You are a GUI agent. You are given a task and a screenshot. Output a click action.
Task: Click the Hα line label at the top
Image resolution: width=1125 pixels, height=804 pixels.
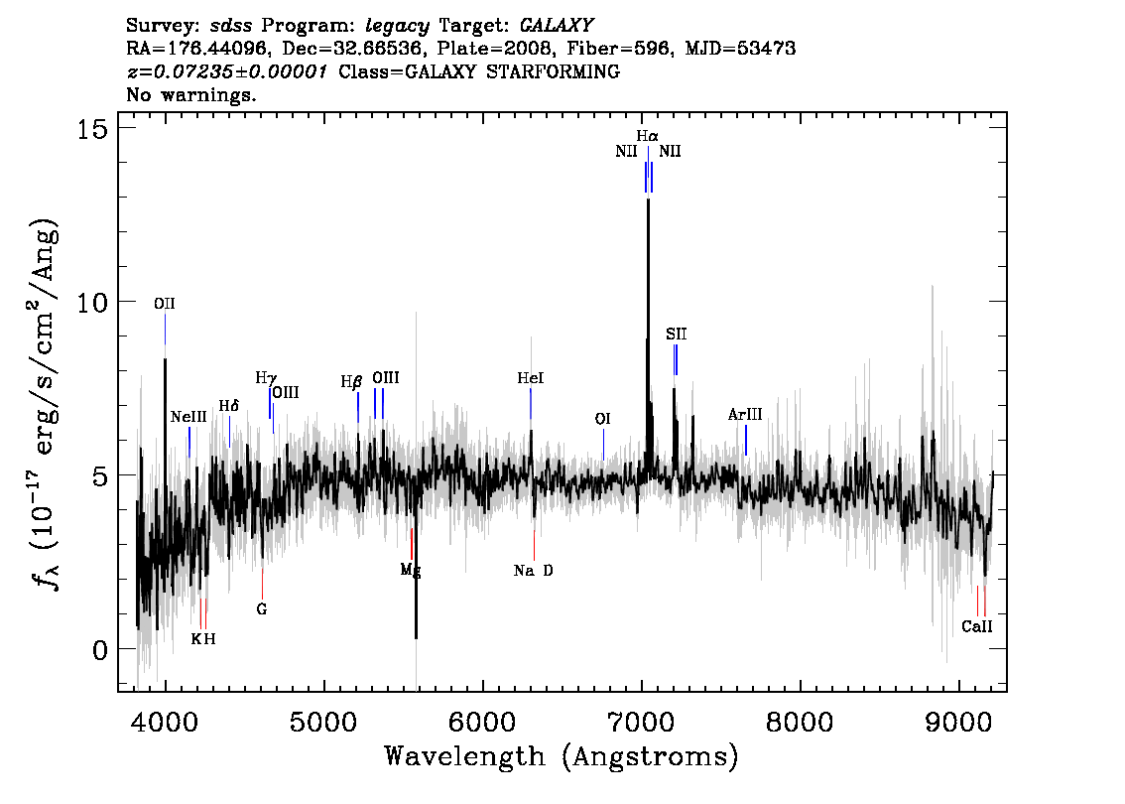click(x=647, y=136)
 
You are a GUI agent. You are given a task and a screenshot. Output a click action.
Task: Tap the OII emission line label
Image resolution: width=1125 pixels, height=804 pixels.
click(x=165, y=304)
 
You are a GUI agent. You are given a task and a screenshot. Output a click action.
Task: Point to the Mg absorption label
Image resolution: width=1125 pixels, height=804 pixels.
click(x=411, y=571)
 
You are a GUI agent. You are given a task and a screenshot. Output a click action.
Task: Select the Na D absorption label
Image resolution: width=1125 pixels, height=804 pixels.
click(x=533, y=571)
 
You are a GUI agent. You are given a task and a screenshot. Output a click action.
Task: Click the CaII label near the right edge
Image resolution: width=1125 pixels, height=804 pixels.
click(x=977, y=626)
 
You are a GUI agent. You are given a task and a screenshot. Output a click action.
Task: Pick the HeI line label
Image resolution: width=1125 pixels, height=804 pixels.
click(x=530, y=378)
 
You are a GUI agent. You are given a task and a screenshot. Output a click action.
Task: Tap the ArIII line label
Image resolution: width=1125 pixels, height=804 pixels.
click(x=745, y=414)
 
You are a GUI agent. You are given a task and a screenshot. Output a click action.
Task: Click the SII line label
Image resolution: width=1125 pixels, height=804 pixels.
click(x=676, y=334)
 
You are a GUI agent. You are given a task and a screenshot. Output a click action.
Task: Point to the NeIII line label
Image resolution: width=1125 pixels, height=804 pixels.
click(x=188, y=417)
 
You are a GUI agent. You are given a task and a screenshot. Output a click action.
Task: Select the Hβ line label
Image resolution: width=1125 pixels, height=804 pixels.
click(x=351, y=382)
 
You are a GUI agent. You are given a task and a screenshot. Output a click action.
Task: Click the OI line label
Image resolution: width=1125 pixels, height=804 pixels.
click(x=603, y=419)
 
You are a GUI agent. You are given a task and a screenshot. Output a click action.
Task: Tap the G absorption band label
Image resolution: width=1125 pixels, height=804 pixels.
click(x=262, y=609)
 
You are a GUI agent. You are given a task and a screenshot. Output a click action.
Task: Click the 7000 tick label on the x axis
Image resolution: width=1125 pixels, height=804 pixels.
click(x=641, y=721)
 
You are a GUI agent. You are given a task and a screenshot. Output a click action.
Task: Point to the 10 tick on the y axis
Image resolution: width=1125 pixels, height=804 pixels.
click(x=91, y=302)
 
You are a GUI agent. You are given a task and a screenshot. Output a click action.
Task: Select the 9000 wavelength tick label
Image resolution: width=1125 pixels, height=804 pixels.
click(x=958, y=721)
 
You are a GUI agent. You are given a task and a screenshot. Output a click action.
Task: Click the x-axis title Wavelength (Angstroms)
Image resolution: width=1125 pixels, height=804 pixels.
click(x=562, y=756)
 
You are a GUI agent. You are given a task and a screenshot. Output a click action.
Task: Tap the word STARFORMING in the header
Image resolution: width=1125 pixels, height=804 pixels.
click(x=553, y=71)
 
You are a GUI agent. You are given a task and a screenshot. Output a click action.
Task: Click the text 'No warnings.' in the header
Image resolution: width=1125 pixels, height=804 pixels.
click(x=190, y=94)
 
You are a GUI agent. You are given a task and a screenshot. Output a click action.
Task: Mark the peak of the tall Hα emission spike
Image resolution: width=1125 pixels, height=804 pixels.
click(x=649, y=200)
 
